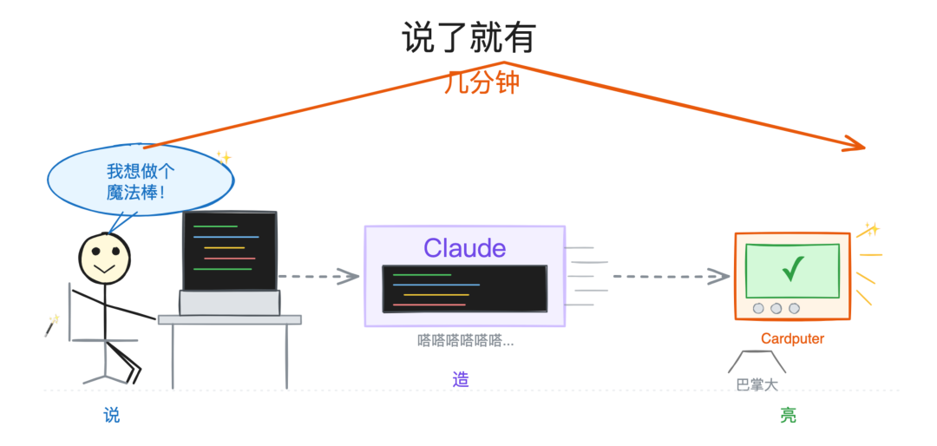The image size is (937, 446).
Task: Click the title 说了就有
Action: click(468, 39)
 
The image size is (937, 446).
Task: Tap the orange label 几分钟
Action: click(481, 82)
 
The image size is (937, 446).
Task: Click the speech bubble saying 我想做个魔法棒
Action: click(141, 180)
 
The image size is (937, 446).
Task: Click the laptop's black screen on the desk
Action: click(230, 251)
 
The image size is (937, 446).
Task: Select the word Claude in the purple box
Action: click(465, 247)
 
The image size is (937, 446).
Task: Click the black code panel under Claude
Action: click(464, 289)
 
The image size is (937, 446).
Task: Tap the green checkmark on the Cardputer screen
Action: click(793, 269)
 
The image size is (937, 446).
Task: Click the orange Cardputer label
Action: click(792, 339)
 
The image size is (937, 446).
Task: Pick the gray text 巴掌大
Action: click(757, 384)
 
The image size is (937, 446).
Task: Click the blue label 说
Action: click(112, 415)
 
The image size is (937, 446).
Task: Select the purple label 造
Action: click(461, 380)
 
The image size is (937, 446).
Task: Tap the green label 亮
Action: click(788, 415)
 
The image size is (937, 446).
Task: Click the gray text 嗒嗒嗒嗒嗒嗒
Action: click(466, 341)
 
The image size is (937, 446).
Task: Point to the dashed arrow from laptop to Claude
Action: click(318, 276)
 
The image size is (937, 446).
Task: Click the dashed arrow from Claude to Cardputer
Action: click(671, 276)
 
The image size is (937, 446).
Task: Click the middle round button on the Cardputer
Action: click(776, 309)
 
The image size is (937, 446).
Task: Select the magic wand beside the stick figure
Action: click(52, 326)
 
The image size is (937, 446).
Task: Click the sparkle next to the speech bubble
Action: click(224, 157)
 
